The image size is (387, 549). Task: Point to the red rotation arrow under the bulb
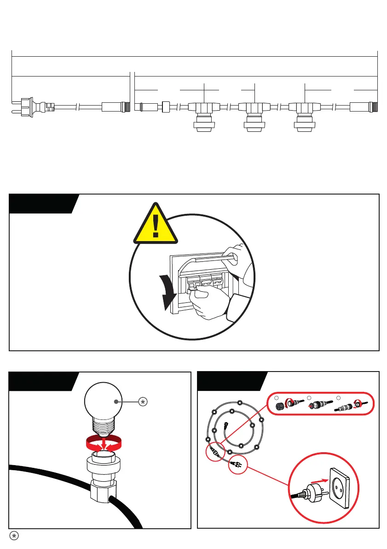pyautogui.click(x=104, y=443)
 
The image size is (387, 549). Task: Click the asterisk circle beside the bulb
pyautogui.click(x=143, y=402)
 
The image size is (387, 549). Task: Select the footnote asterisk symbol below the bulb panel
pyautogui.click(x=14, y=536)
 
